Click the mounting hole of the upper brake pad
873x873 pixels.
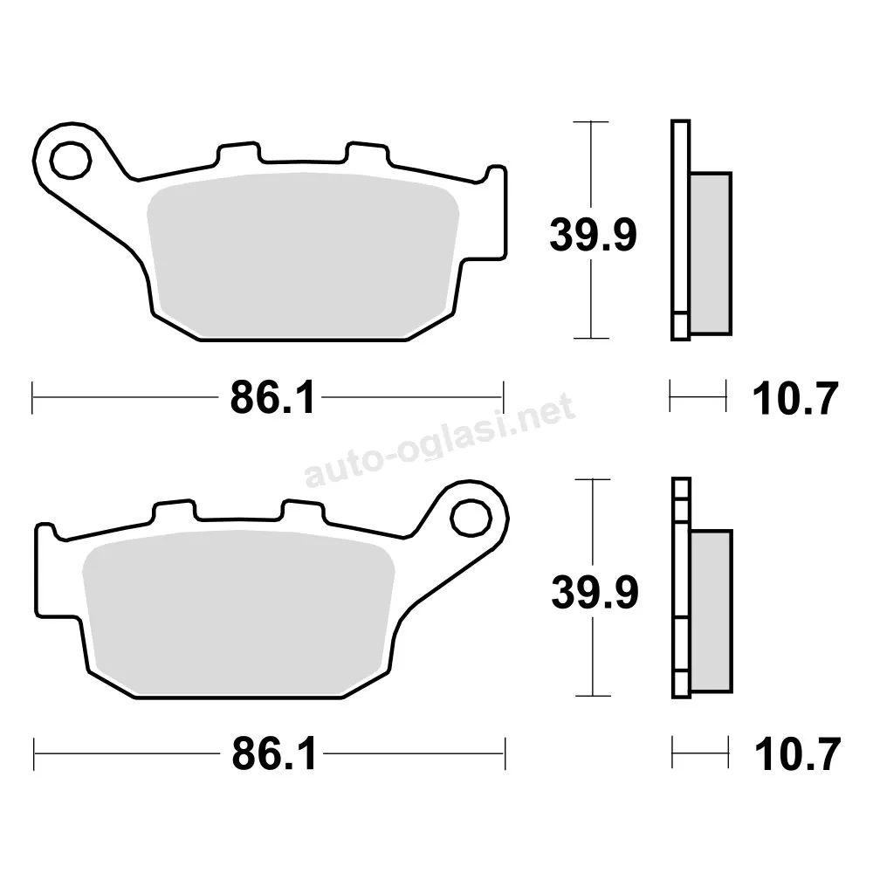coord(71,161)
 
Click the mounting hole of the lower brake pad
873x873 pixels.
coord(471,518)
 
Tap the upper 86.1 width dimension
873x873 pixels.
coord(272,397)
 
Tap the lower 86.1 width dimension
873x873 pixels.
coord(274,754)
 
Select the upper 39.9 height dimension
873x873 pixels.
coord(593,234)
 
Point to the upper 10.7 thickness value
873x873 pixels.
coord(795,399)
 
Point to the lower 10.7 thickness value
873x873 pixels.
coord(797,755)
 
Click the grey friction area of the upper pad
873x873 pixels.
coord(303,256)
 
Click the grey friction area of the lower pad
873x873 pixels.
coord(238,614)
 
